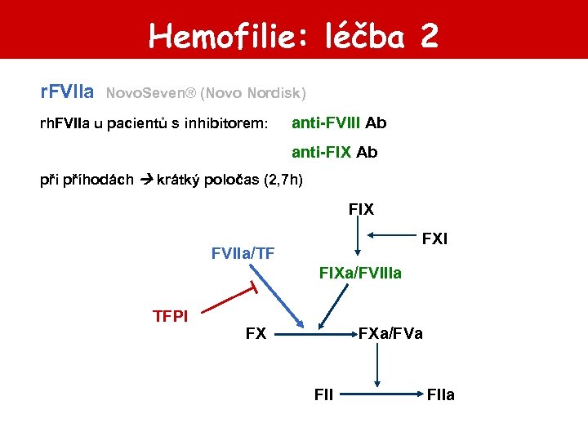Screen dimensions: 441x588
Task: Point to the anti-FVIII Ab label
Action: [x=339, y=123]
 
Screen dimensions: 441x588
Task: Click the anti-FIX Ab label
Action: [x=335, y=152]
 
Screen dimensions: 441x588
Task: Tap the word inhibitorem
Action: [x=230, y=124]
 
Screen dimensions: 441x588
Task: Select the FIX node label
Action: [x=361, y=210]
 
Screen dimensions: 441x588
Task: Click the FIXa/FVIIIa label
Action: [x=360, y=273]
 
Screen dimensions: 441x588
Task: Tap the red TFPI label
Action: [x=171, y=316]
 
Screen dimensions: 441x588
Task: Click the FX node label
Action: [x=256, y=333]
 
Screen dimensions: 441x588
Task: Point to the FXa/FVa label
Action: [x=390, y=333]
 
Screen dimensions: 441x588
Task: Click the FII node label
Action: [x=323, y=395]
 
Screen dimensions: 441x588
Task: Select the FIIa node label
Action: [x=440, y=395]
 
